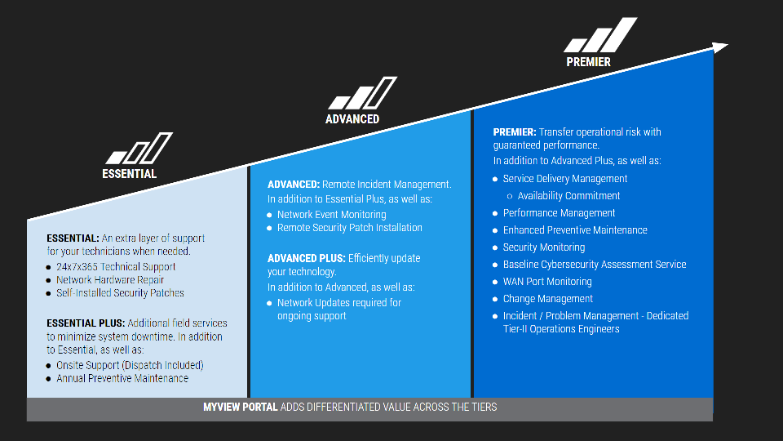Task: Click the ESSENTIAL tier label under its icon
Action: [130, 173]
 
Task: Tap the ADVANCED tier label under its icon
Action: [352, 119]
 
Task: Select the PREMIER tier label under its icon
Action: [588, 62]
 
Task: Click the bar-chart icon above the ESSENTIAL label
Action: [139, 148]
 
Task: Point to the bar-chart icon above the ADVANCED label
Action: [362, 93]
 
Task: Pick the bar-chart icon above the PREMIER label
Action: [601, 35]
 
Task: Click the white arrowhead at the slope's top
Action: [720, 47]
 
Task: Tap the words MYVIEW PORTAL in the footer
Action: [240, 407]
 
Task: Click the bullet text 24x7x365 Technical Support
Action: [116, 266]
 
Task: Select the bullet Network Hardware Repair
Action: [110, 280]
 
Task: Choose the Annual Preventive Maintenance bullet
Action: [122, 378]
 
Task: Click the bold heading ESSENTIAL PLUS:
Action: [86, 323]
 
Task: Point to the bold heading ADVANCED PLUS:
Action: [307, 259]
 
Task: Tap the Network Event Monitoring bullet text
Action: [332, 215]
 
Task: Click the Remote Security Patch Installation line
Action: [350, 228]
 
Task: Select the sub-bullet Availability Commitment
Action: [568, 195]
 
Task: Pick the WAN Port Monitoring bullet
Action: [547, 282]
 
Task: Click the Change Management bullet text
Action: [548, 299]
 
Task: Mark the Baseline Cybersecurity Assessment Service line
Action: [595, 265]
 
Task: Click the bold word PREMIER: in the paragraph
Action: [515, 132]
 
